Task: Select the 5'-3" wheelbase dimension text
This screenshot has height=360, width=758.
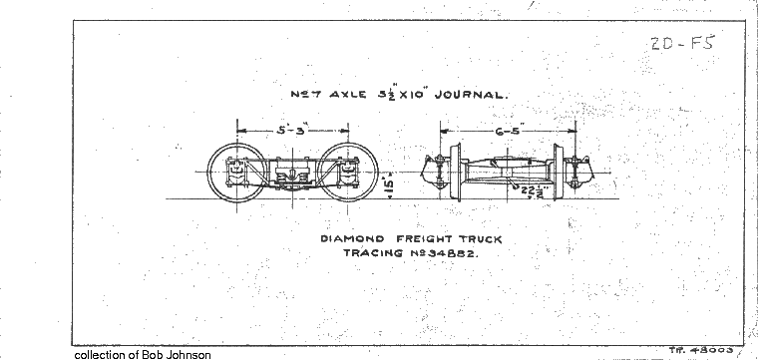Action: (291, 130)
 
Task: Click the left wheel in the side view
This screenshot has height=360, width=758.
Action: (236, 173)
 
